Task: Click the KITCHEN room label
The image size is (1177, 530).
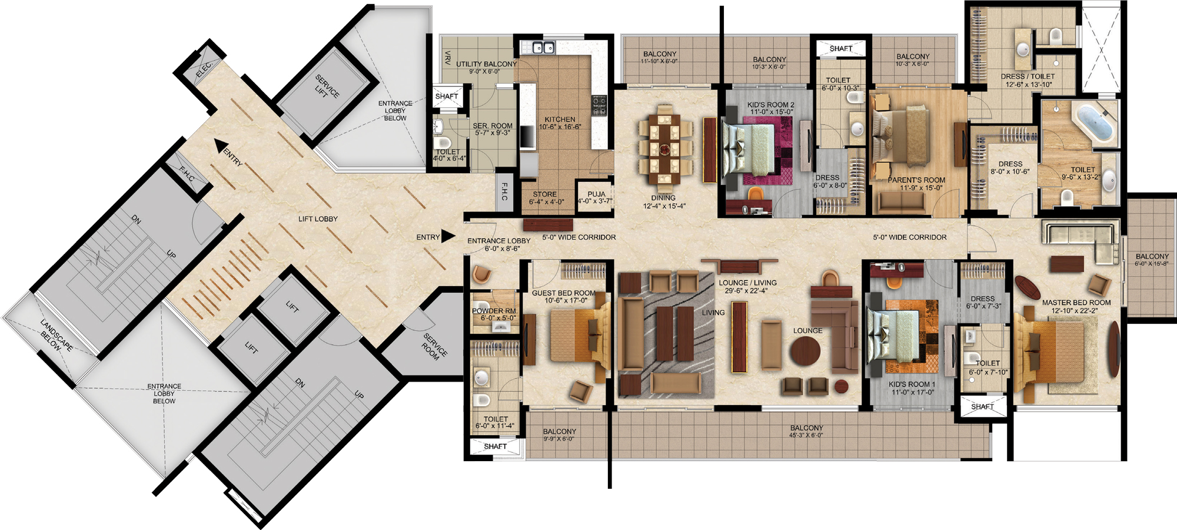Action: click(x=560, y=120)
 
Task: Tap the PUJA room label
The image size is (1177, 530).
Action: click(x=596, y=194)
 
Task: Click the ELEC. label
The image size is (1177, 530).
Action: click(x=203, y=69)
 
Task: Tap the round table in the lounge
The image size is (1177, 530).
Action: click(x=805, y=353)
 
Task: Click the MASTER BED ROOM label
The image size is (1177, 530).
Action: click(x=1076, y=303)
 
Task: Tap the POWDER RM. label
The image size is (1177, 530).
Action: click(x=494, y=311)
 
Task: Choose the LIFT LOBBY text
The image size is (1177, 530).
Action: click(x=318, y=219)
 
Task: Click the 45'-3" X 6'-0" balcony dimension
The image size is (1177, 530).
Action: click(x=806, y=436)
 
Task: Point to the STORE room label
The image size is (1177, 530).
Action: click(x=545, y=194)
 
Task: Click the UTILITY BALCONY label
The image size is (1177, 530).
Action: click(x=487, y=64)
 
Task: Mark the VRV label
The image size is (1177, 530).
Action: click(x=448, y=58)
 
